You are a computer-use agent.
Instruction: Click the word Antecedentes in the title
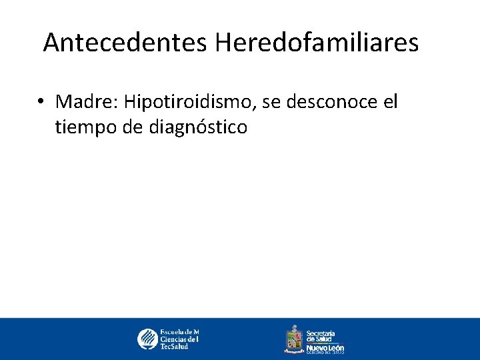[x=126, y=43]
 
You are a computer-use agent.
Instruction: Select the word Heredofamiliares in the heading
[x=317, y=43]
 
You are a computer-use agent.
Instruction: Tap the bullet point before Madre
[x=41, y=102]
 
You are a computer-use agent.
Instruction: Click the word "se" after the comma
[x=273, y=103]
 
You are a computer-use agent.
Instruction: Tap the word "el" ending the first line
[x=390, y=102]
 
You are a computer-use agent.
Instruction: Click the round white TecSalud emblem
[x=147, y=339]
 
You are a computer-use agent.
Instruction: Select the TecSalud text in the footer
[x=174, y=347]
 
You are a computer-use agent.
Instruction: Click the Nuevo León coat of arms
[x=294, y=338]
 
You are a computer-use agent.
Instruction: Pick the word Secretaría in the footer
[x=320, y=333]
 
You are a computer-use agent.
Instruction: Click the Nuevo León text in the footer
[x=325, y=347]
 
